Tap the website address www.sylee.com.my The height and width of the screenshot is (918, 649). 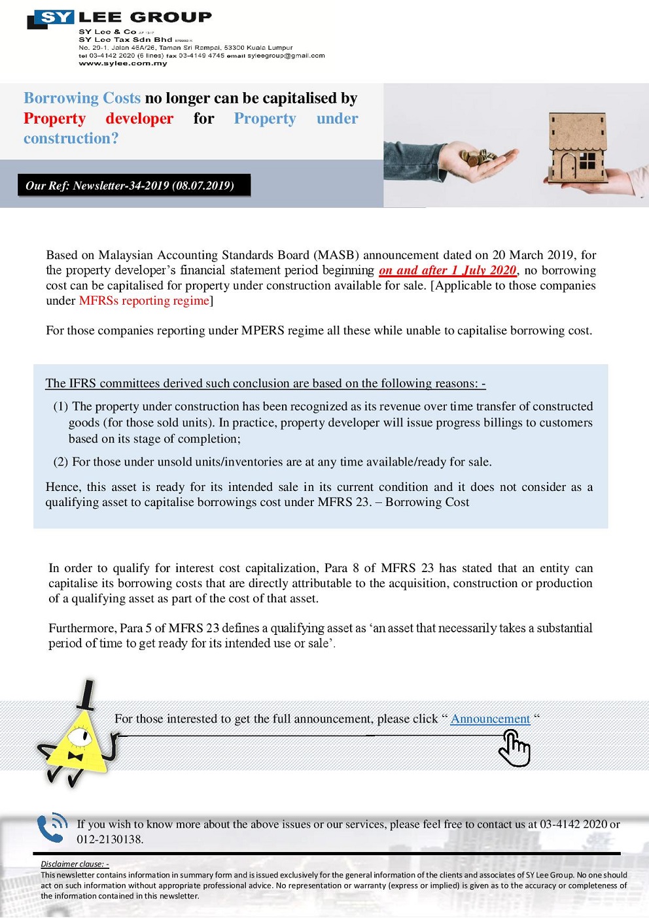click(123, 63)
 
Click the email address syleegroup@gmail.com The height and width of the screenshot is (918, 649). click(286, 56)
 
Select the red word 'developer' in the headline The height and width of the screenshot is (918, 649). click(139, 118)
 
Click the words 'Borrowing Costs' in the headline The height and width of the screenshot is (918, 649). click(82, 98)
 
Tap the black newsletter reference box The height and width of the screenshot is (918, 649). click(133, 185)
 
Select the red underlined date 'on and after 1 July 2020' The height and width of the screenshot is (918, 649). click(448, 270)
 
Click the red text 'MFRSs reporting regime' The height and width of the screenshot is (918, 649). click(144, 301)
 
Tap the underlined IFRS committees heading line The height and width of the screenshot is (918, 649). click(265, 383)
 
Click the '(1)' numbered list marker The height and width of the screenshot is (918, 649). click(61, 406)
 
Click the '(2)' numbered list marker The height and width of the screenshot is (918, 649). click(61, 462)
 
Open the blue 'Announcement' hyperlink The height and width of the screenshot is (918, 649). click(490, 719)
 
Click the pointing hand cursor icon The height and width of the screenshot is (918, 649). click(514, 748)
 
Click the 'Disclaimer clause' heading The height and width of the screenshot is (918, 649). click(75, 864)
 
